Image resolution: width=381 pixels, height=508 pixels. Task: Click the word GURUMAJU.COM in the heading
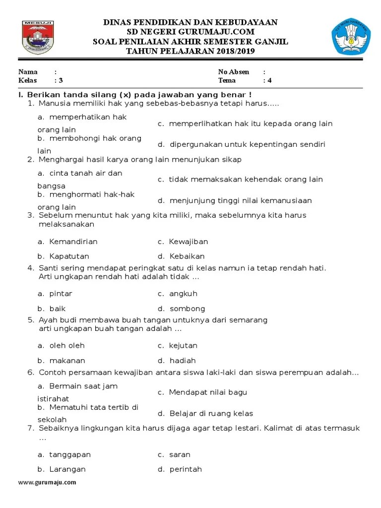pos(226,32)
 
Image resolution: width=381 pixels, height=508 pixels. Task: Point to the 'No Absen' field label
pos(234,72)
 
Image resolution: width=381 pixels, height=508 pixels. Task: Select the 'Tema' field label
pos(227,80)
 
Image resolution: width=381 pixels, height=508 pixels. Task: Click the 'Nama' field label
pos(28,72)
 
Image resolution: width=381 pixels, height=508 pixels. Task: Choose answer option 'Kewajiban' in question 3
pos(188,242)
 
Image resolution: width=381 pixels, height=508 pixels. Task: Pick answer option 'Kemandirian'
pos(73,242)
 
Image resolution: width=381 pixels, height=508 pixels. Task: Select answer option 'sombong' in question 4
pos(187,309)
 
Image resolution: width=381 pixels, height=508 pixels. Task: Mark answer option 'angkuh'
pos(184,294)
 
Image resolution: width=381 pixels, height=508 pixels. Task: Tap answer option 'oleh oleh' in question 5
pos(66,345)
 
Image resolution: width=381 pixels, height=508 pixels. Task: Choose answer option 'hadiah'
pos(183,361)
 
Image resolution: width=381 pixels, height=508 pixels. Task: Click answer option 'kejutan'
pos(183,345)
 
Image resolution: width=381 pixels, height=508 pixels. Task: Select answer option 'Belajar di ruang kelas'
pos(211,413)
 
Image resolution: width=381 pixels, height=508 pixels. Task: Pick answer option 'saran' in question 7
pos(180,454)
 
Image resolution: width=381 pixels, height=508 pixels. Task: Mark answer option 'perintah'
pos(186,469)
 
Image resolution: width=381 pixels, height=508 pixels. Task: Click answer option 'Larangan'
pos(67,469)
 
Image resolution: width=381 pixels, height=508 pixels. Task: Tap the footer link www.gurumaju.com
pos(47,482)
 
